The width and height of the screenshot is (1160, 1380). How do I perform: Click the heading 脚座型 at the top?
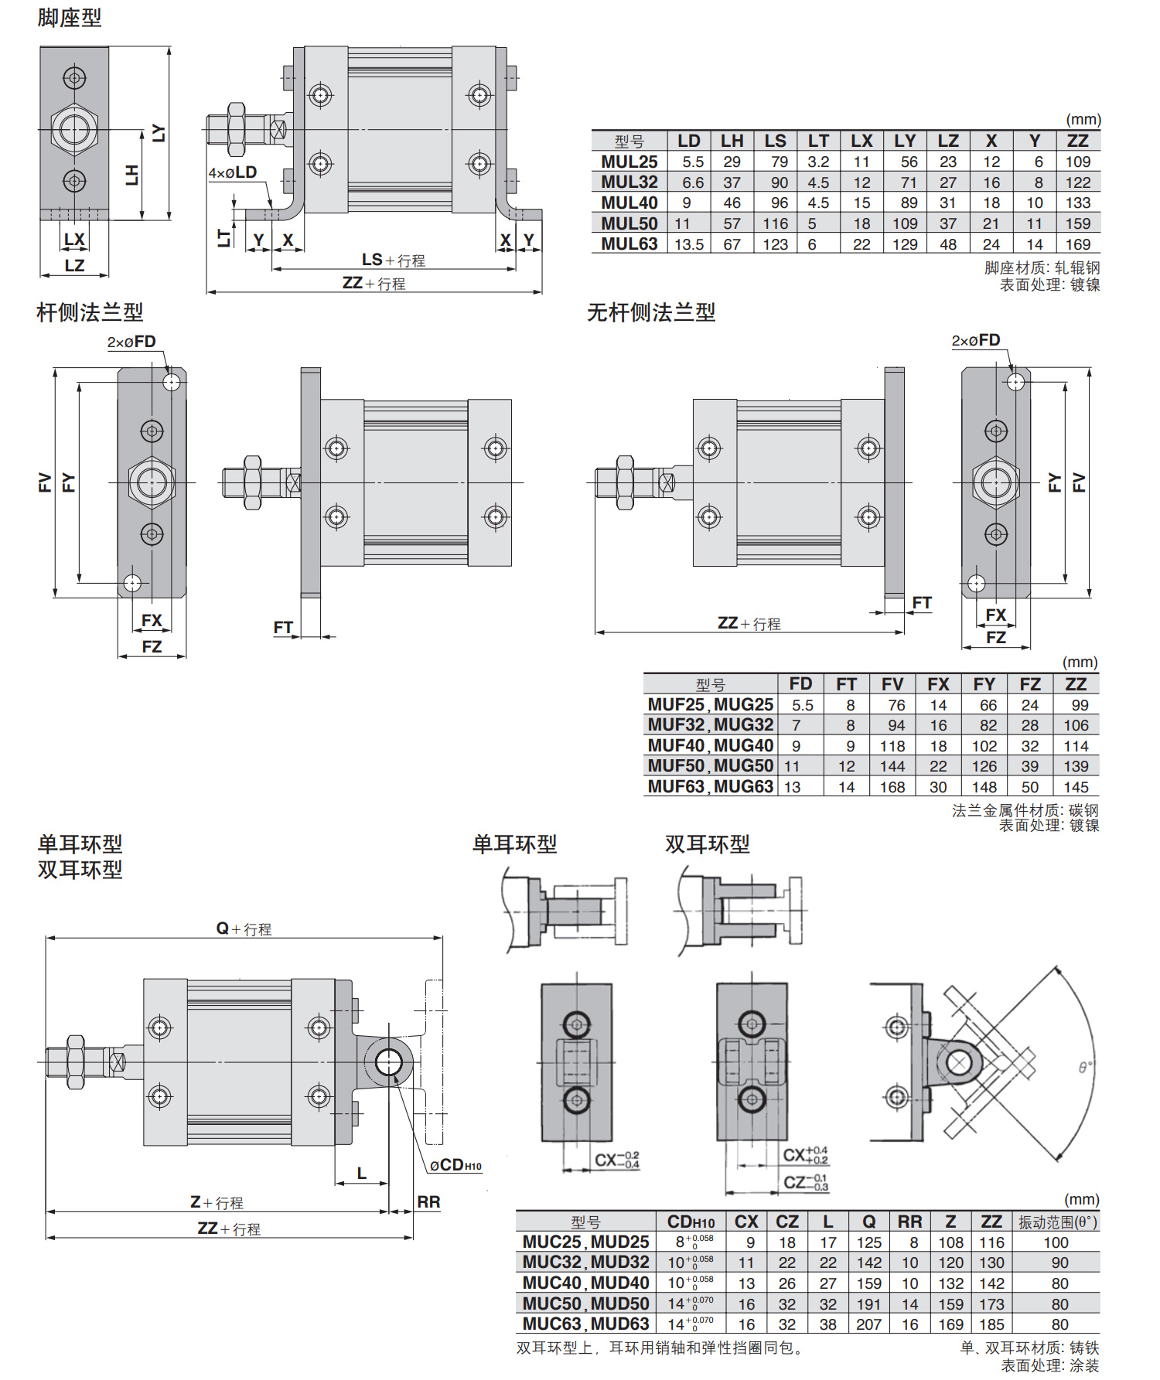coord(70,17)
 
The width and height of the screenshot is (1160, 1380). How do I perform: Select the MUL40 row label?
coord(629,203)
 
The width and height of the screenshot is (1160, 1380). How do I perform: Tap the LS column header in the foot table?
coord(775,141)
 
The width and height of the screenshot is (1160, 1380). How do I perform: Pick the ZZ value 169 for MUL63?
coord(1077,244)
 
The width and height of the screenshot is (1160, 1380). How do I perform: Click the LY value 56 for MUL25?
coord(909,162)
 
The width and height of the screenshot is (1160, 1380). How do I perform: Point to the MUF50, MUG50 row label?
coord(710,766)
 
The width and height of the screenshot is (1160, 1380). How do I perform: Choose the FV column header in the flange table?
coord(892,684)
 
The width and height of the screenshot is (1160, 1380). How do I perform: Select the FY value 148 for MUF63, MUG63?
coord(984,787)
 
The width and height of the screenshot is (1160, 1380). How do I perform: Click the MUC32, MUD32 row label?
coord(585,1262)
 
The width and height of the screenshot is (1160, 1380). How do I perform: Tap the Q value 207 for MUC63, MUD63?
coord(868,1324)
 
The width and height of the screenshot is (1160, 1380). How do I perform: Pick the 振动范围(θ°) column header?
coord(1057,1222)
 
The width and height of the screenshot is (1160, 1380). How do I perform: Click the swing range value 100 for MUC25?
coord(1056,1242)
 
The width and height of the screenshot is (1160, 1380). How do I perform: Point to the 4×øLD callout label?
coord(232,172)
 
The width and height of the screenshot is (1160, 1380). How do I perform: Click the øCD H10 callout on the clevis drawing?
coord(455,1165)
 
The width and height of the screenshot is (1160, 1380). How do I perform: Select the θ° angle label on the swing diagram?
coord(1086,1067)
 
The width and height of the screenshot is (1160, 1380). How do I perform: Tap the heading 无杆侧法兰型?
coord(651,312)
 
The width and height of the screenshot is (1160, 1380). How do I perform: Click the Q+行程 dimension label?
coord(244,929)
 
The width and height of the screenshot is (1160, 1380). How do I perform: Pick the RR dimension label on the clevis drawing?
coord(428,1202)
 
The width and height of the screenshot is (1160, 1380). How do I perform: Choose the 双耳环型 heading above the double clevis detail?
coord(707,844)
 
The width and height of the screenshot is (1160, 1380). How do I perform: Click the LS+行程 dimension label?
coord(393,261)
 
